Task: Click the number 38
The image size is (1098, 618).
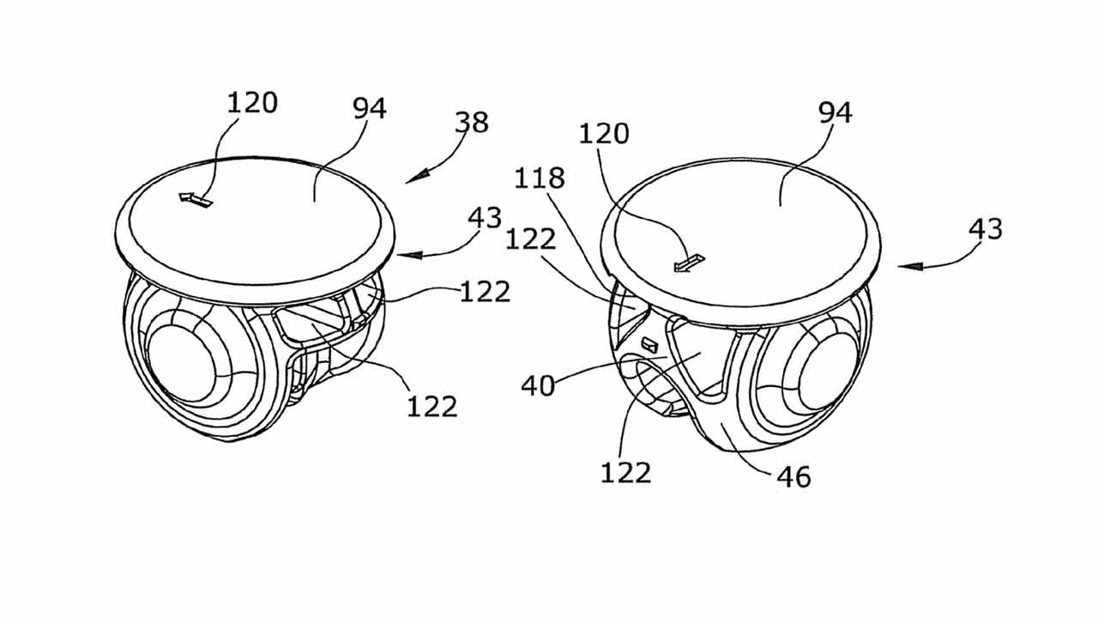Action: (x=472, y=122)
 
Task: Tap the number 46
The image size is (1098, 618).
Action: (x=794, y=476)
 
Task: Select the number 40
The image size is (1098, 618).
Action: (x=538, y=385)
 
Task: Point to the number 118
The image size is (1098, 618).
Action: (x=540, y=178)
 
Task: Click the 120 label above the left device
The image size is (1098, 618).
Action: (x=252, y=103)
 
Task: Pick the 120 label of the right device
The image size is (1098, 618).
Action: (x=604, y=133)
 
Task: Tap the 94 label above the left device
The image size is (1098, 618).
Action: (x=370, y=108)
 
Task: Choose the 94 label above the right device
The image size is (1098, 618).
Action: (x=836, y=112)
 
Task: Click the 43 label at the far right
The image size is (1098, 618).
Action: (x=986, y=229)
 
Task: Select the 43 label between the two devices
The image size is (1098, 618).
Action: (x=485, y=218)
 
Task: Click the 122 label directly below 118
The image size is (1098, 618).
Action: (x=531, y=239)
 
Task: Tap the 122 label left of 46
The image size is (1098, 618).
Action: (x=626, y=473)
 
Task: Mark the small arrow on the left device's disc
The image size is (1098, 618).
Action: (x=196, y=200)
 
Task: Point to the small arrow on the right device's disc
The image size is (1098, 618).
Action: (x=689, y=264)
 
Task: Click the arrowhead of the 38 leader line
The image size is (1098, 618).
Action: (x=416, y=178)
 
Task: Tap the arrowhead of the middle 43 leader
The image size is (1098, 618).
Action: (x=409, y=255)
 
